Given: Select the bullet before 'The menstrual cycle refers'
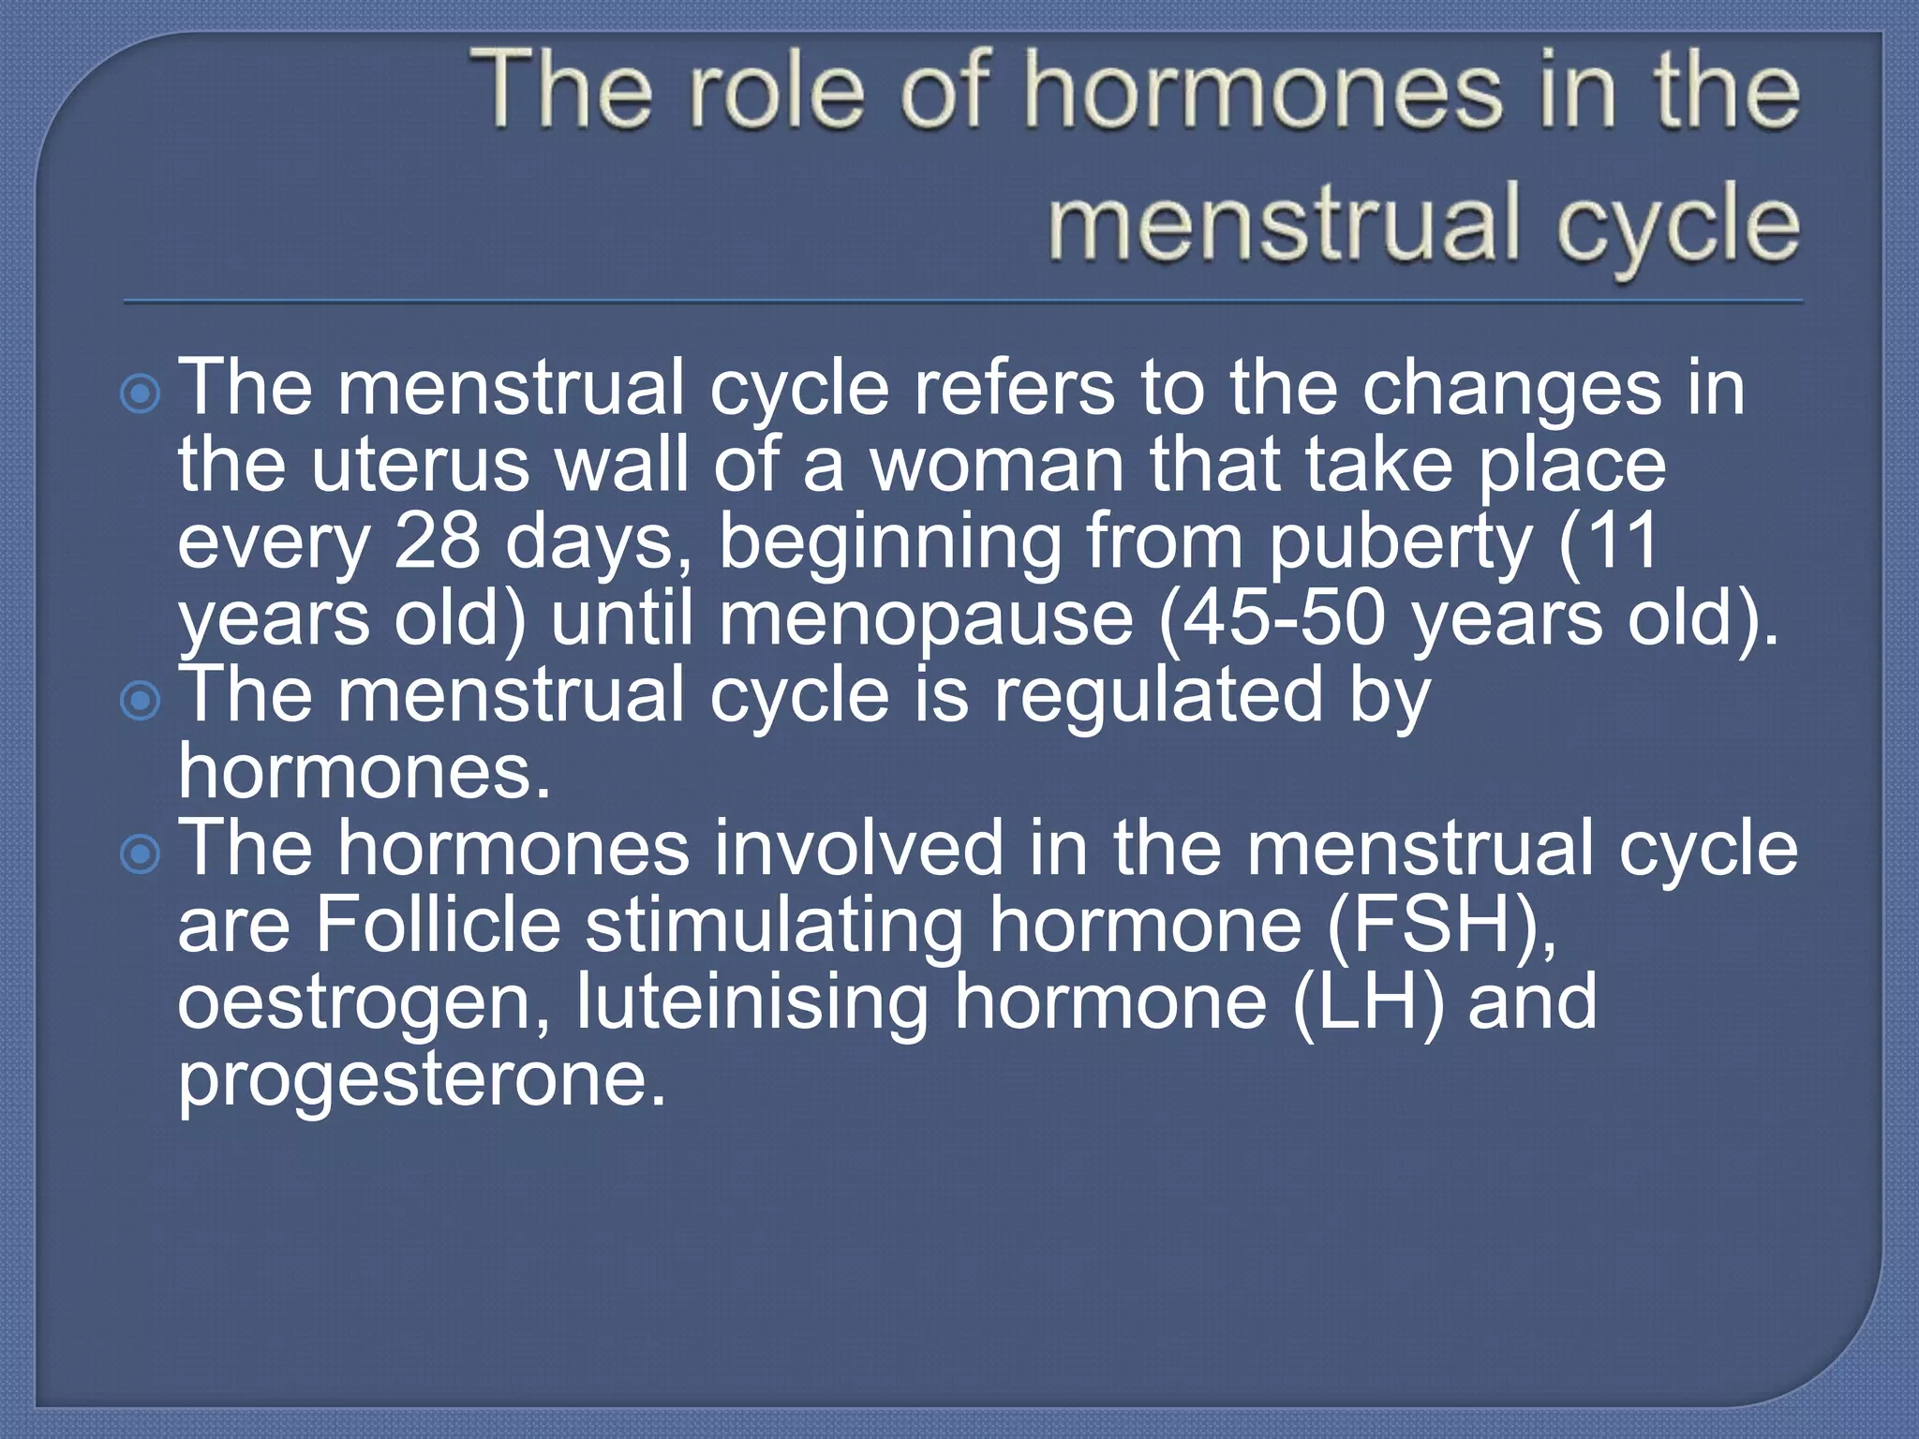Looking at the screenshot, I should [141, 394].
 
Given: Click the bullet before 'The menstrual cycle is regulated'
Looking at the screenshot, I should [141, 701].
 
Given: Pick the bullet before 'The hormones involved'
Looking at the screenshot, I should [141, 853].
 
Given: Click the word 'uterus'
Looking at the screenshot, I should [420, 466].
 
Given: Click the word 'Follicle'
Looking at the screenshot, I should [438, 926].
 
